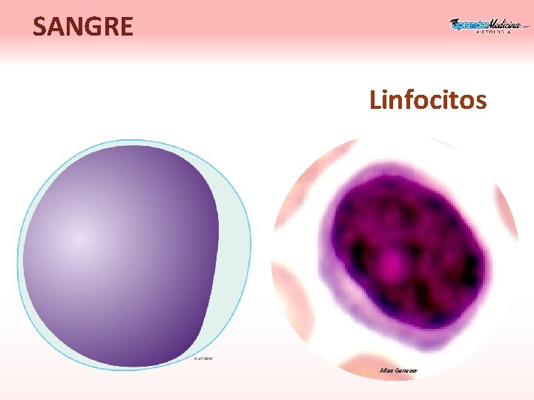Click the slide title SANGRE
[x=83, y=27]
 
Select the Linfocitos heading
[x=428, y=99]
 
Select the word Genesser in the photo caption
[x=406, y=370]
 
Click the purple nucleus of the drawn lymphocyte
[x=119, y=252]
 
